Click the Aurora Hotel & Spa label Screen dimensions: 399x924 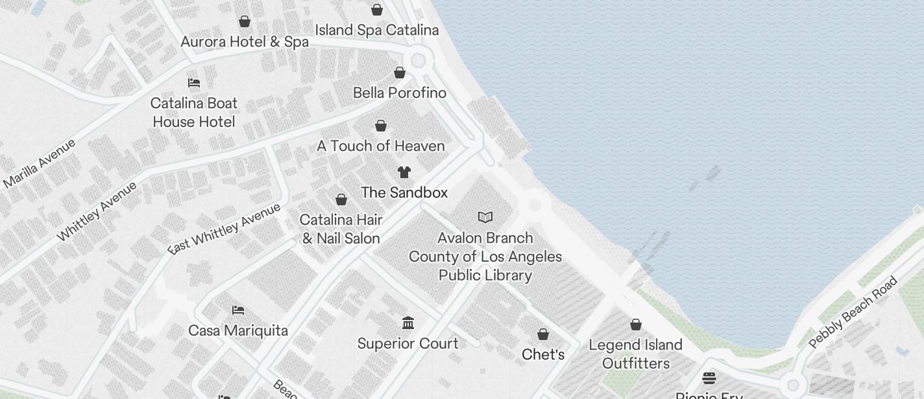[245, 42]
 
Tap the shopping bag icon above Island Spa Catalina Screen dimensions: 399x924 [376, 10]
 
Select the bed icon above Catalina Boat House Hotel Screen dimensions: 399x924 [193, 83]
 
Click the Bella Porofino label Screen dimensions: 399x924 [400, 93]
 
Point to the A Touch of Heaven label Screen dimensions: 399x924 [381, 146]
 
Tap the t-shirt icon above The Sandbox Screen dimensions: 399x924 [404, 172]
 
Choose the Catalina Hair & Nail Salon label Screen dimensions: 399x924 [341, 229]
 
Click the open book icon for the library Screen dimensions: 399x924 [485, 217]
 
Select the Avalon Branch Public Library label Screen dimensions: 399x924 [485, 256]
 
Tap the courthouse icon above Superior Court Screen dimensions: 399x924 [408, 323]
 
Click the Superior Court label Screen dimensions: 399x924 [408, 343]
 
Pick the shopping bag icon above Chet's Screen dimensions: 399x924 [543, 334]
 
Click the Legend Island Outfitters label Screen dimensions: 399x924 [636, 354]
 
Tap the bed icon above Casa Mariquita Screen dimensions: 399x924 [238, 310]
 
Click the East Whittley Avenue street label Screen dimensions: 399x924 [225, 229]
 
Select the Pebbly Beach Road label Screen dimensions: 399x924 [853, 312]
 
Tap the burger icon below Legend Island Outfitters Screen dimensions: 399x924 [709, 378]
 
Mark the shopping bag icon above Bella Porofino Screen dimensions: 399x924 [400, 73]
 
